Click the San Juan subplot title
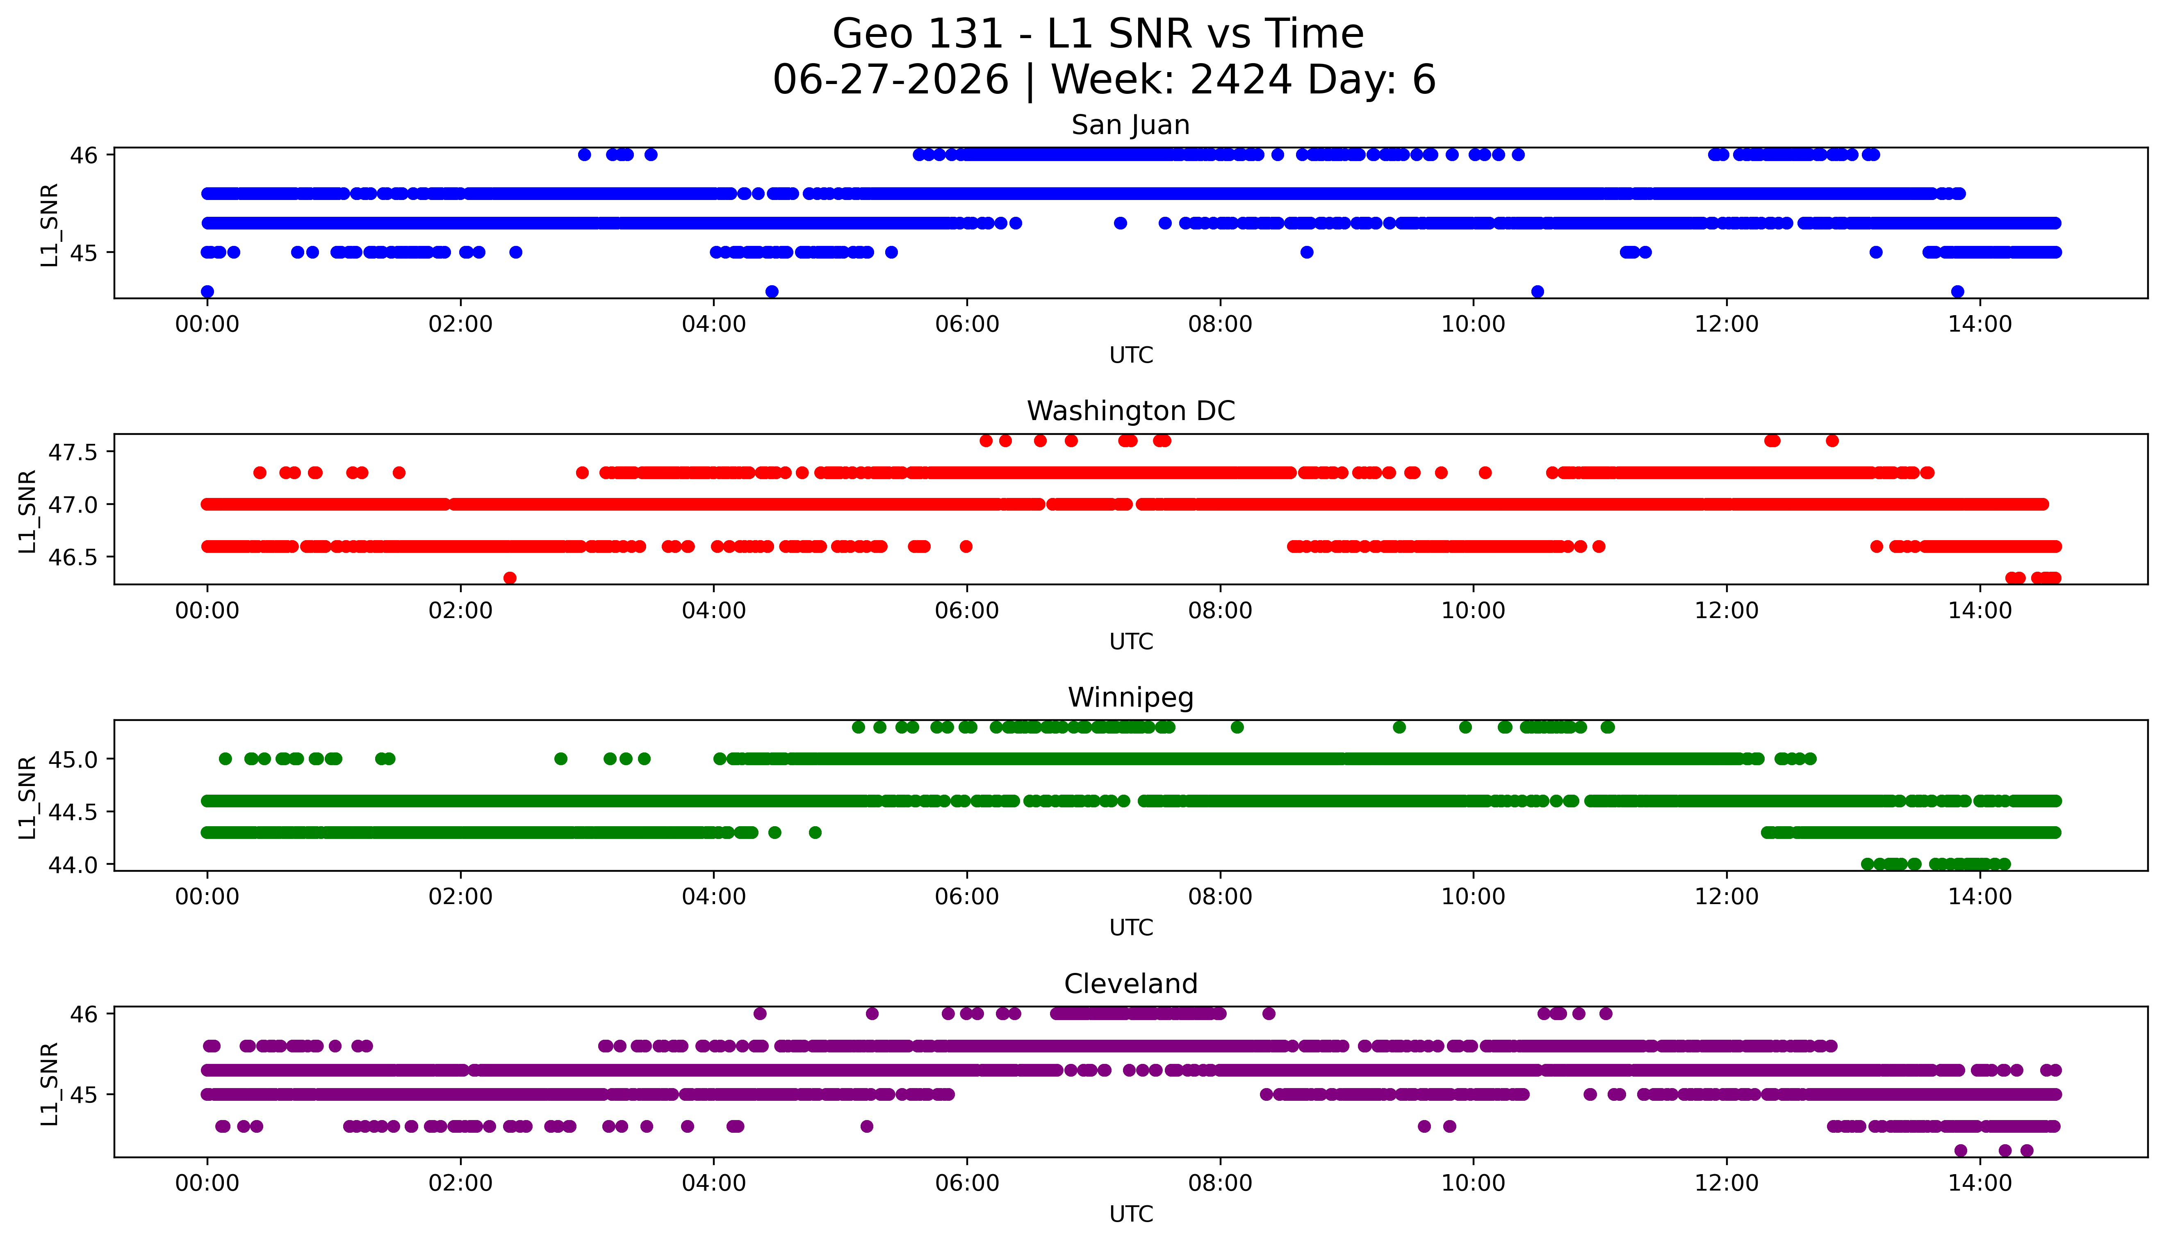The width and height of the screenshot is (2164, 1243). tap(1131, 125)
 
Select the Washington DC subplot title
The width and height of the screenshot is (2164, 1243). tap(1131, 411)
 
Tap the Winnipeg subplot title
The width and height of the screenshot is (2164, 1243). tap(1131, 698)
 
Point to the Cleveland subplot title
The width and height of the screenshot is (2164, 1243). tap(1131, 984)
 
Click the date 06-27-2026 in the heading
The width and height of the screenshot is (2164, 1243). tap(891, 80)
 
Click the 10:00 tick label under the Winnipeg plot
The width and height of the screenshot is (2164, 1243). tap(1473, 897)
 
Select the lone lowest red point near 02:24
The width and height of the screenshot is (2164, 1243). tap(510, 578)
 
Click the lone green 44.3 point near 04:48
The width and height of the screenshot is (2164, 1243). tap(815, 832)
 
